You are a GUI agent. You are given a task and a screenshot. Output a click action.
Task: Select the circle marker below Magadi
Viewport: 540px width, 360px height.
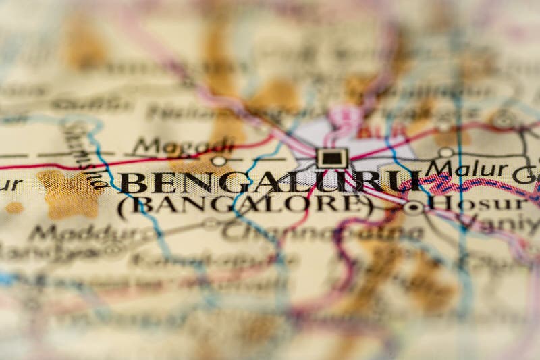tap(218, 161)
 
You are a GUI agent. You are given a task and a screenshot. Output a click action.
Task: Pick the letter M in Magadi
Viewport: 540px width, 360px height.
tap(144, 146)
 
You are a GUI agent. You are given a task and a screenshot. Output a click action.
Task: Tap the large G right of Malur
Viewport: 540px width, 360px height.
tap(523, 174)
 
